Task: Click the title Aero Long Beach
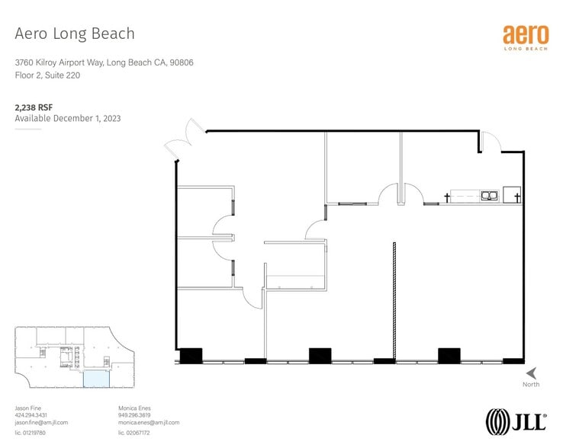point(75,34)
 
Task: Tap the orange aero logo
point(525,36)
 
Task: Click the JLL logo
point(516,421)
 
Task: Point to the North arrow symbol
point(531,373)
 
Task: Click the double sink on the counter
point(488,196)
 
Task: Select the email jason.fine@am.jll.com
point(41,422)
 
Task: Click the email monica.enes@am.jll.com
point(149,422)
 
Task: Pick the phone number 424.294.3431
point(31,415)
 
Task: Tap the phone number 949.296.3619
point(136,415)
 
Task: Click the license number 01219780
point(31,433)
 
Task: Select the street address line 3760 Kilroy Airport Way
point(104,62)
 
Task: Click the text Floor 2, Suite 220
point(47,75)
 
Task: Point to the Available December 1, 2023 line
point(68,119)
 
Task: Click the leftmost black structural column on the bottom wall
point(191,355)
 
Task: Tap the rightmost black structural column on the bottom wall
point(449,355)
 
